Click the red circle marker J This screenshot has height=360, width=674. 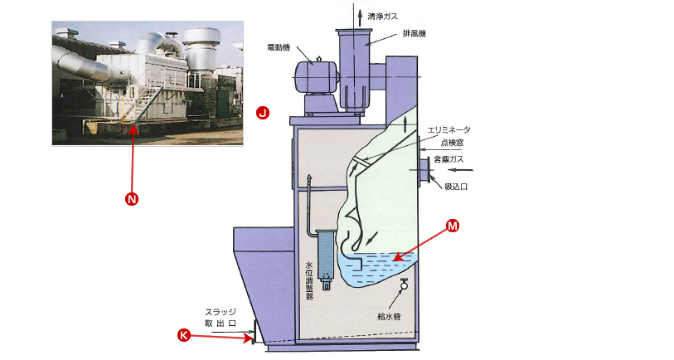click(x=262, y=111)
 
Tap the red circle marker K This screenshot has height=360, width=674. click(x=185, y=335)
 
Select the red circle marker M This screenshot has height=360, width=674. click(x=453, y=226)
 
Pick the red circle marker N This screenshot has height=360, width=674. click(x=131, y=199)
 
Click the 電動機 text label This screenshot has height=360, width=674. click(x=279, y=47)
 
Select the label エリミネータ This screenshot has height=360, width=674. click(x=449, y=130)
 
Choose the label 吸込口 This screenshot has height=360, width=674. click(x=457, y=187)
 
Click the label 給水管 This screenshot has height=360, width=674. click(x=388, y=315)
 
